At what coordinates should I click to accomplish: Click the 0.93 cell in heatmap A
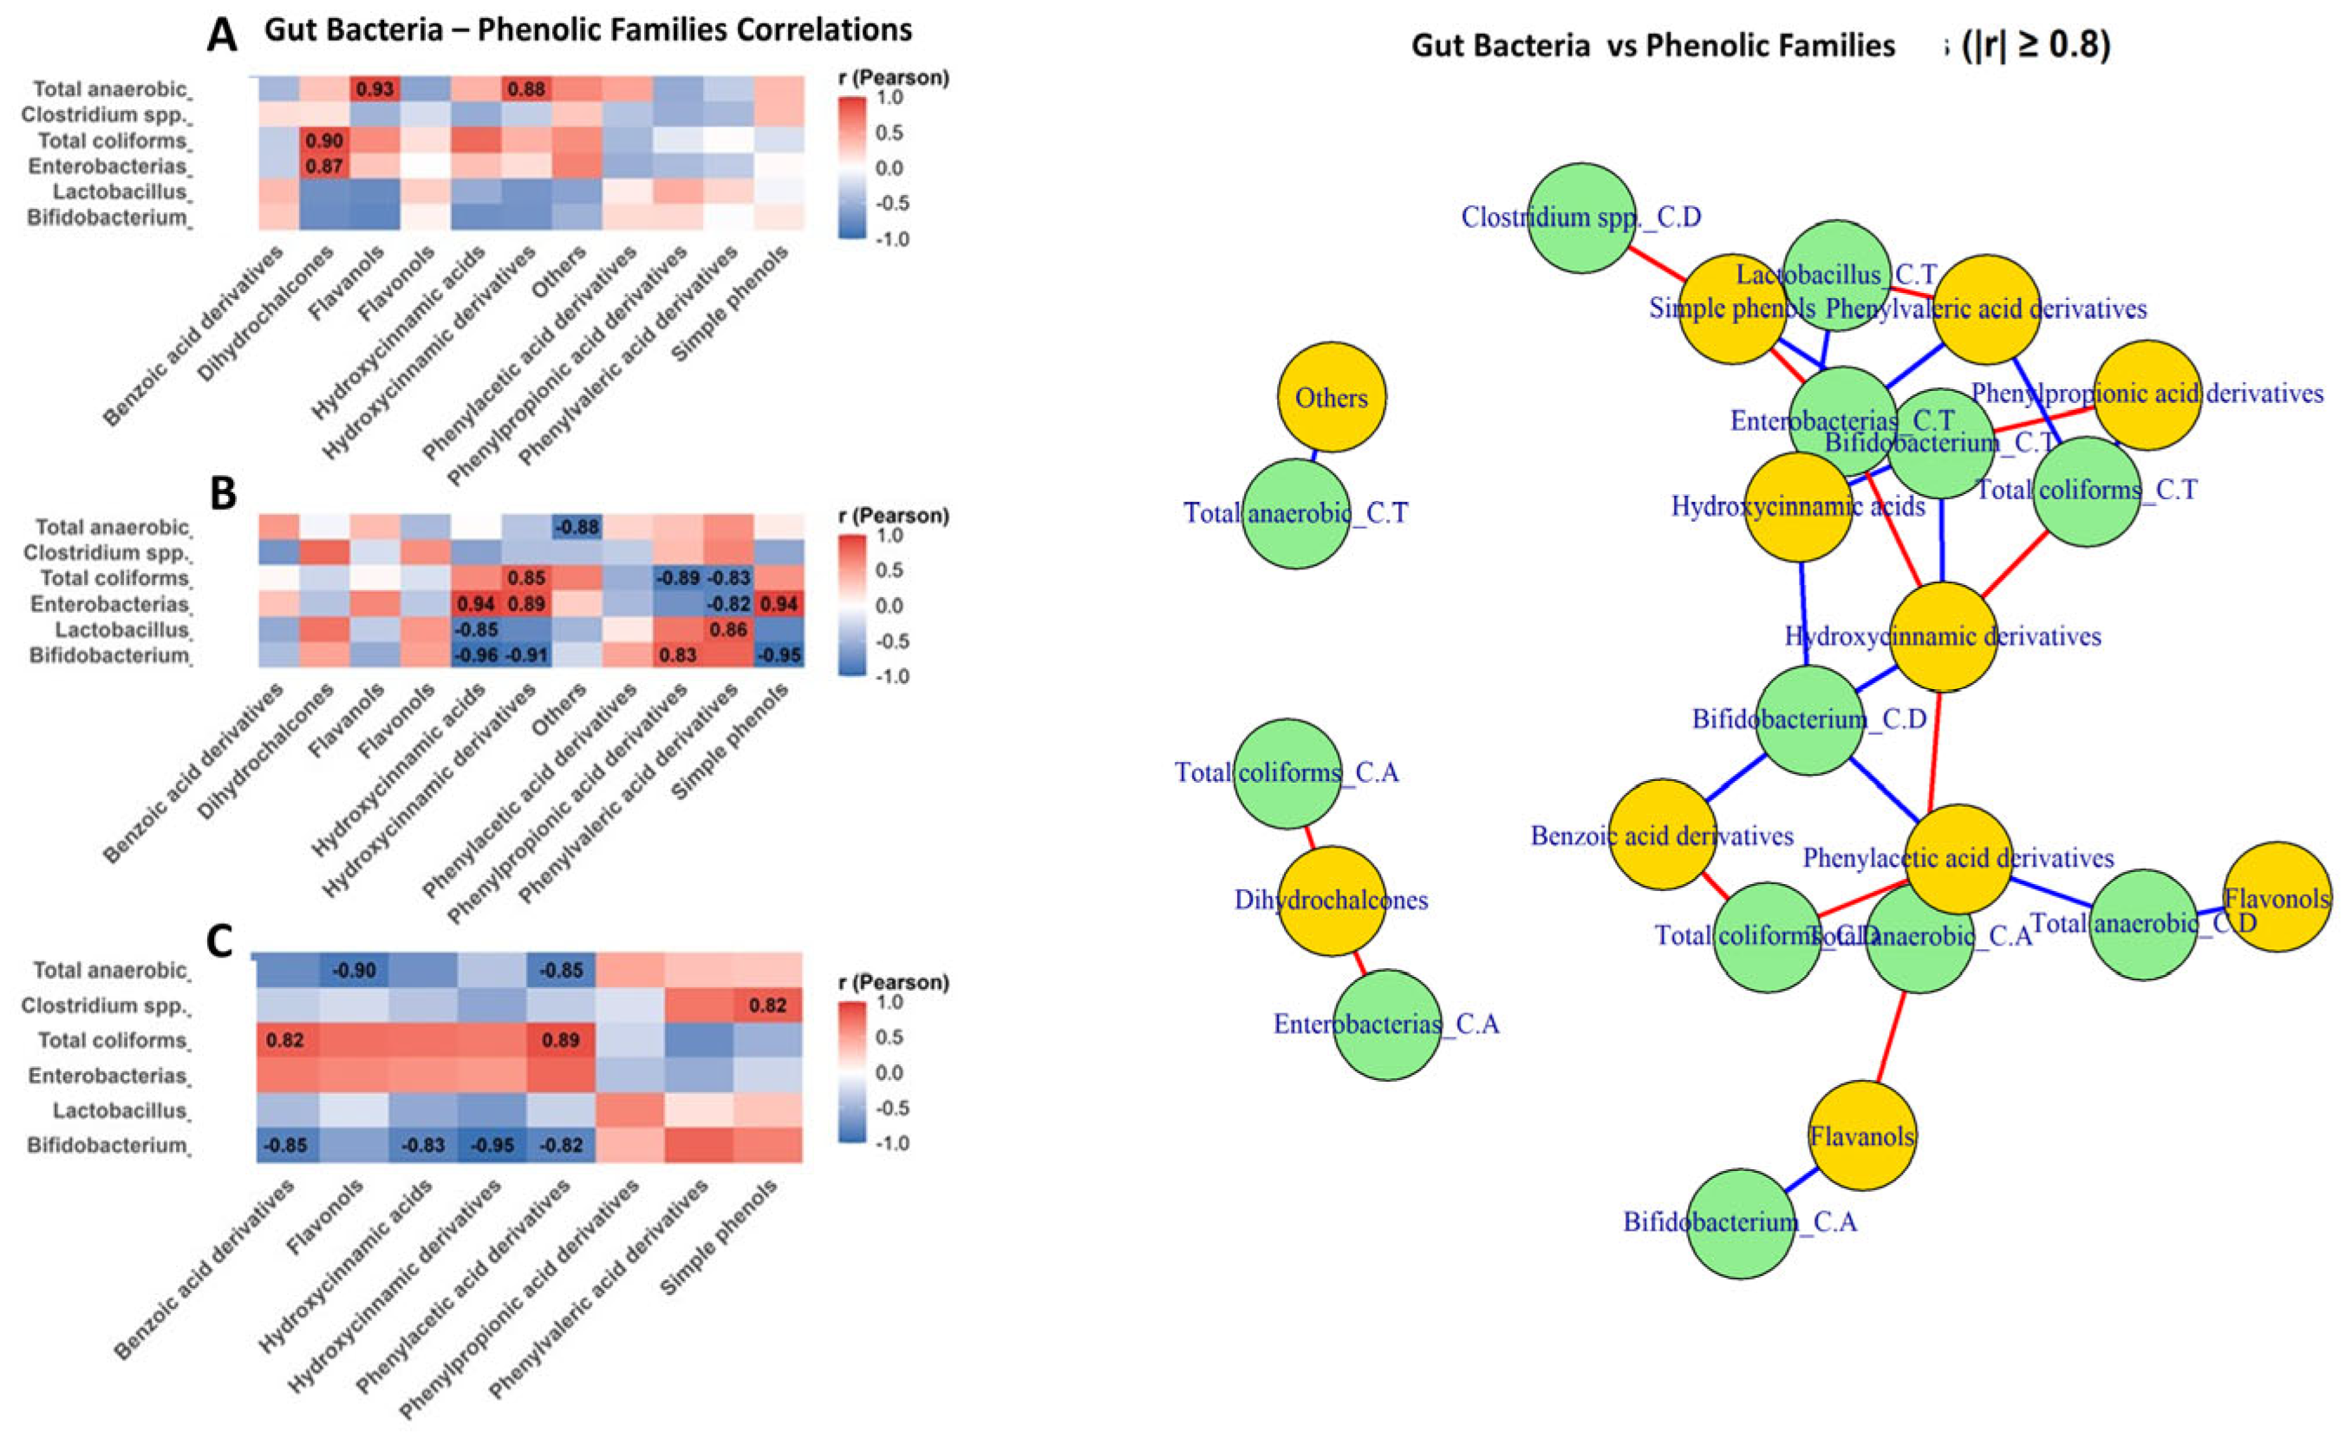point(375,88)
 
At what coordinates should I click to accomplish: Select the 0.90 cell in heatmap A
point(324,140)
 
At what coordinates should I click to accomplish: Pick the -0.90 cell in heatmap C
point(353,971)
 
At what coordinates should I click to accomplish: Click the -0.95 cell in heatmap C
point(492,1145)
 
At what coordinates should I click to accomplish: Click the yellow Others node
point(1332,397)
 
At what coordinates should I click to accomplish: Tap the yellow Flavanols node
point(1861,1135)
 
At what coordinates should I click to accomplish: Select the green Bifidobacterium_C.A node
point(1740,1224)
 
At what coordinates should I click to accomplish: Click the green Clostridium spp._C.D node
point(1581,218)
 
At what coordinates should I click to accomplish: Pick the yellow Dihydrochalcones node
point(1332,900)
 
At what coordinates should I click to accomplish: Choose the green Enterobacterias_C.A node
point(1386,1025)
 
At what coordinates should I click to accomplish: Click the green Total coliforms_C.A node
point(1287,773)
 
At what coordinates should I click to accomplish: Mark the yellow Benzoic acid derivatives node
point(1662,834)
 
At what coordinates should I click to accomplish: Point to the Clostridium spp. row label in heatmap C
point(104,1005)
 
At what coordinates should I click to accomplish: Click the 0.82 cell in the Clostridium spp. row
point(767,1005)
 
